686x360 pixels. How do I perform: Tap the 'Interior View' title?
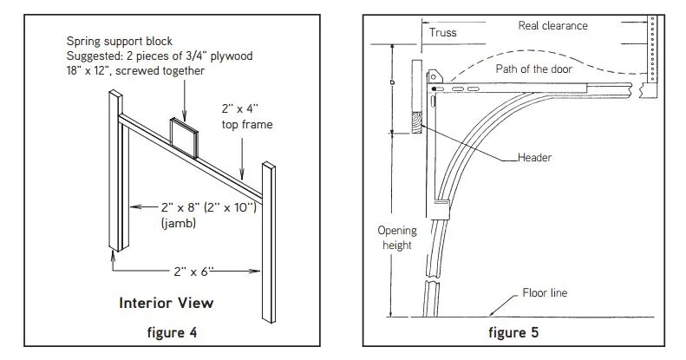point(165,304)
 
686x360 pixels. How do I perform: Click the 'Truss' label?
point(443,34)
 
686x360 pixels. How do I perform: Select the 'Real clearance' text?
point(552,25)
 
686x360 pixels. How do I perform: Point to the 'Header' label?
point(534,158)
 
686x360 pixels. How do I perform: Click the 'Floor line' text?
point(545,293)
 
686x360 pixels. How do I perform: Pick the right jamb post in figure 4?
point(270,234)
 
